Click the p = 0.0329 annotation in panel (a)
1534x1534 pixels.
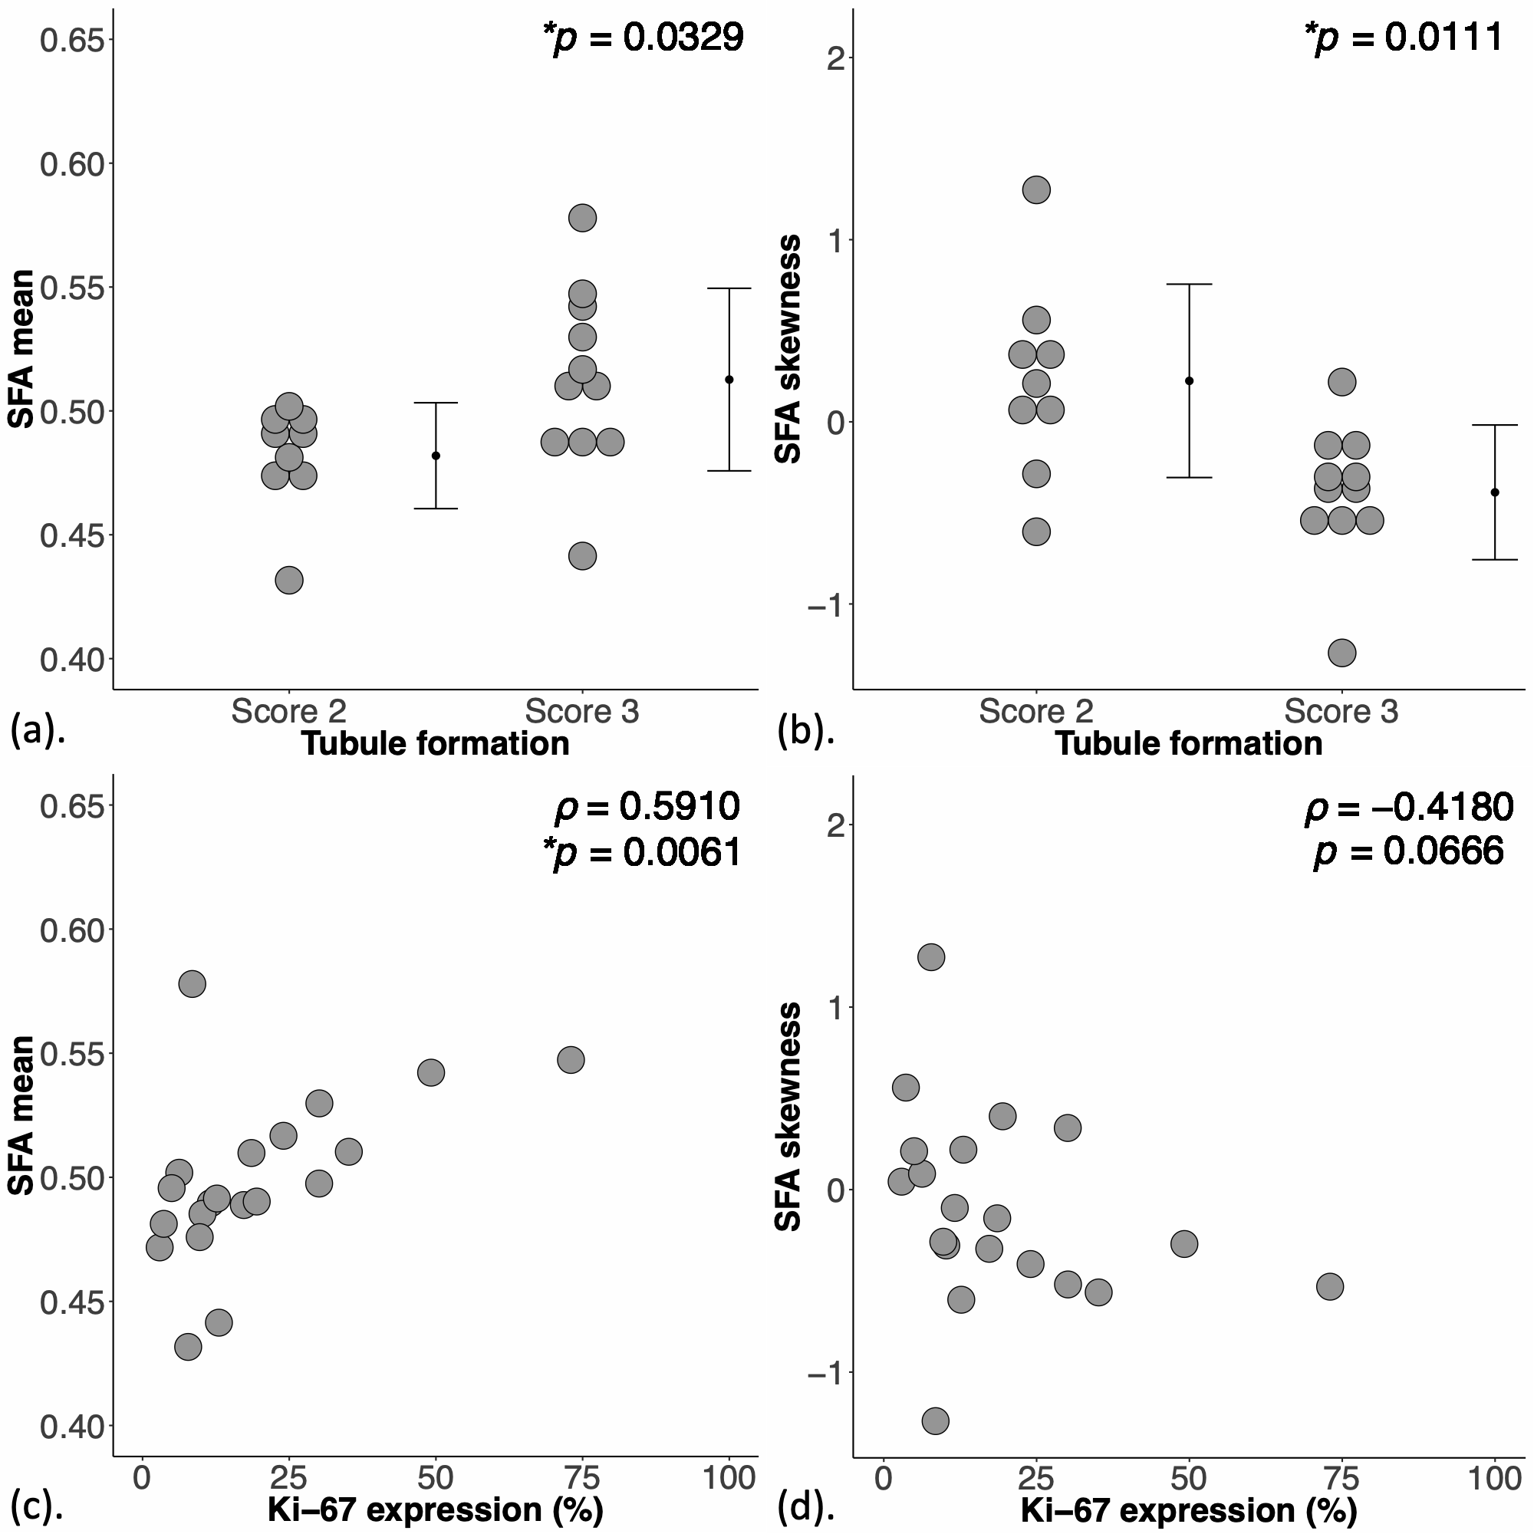tap(644, 38)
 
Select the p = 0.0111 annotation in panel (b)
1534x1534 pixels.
tap(1404, 38)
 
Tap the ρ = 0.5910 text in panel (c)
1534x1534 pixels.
tap(647, 807)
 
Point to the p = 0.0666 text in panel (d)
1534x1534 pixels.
tap(1408, 852)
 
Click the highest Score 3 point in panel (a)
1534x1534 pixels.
tap(582, 218)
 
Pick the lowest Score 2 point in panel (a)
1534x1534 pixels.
tap(289, 581)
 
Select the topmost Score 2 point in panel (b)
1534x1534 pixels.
tap(1036, 189)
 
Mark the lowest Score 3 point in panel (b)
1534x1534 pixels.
tap(1341, 653)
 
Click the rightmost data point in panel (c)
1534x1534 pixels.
tap(571, 1059)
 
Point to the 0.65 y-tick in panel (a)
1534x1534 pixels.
tap(72, 40)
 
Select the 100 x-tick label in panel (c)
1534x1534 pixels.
tap(729, 1479)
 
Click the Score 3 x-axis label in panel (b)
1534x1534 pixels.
tap(1341, 713)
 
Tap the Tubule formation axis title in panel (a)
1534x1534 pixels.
tap(435, 744)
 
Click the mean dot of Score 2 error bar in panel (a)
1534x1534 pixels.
tap(436, 456)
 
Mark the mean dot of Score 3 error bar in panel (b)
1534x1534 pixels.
tap(1495, 492)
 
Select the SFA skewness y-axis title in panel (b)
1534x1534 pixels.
tap(788, 349)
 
